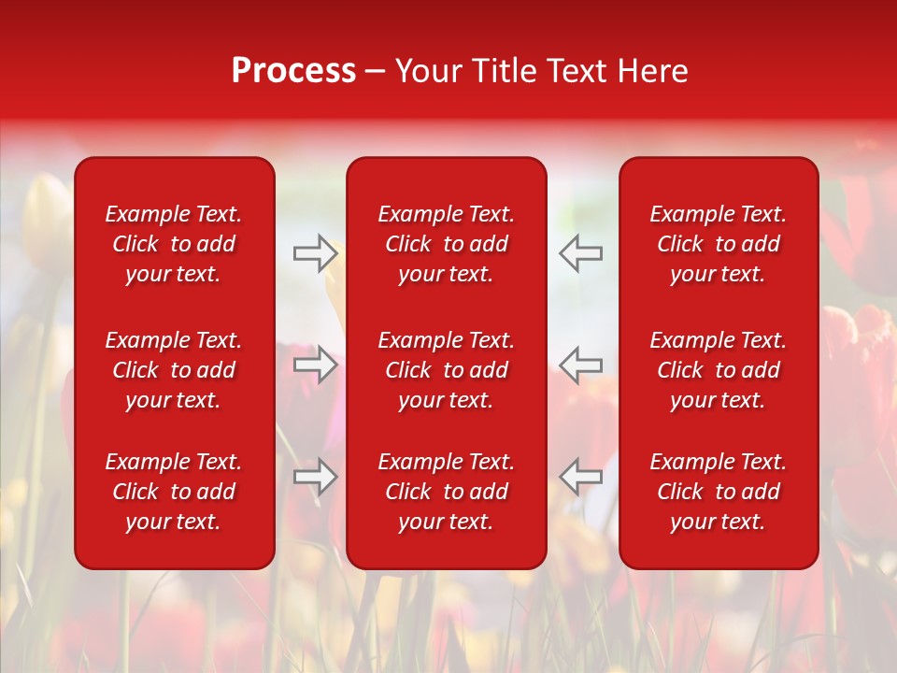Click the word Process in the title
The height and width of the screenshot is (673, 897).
(293, 71)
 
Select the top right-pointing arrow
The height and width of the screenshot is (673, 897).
(315, 253)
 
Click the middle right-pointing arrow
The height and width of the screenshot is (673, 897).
(315, 365)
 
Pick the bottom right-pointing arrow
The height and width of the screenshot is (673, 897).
(315, 476)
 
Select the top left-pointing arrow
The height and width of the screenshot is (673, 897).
(580, 253)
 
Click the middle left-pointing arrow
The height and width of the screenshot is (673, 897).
(580, 365)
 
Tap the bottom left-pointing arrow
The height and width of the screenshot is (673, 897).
(580, 476)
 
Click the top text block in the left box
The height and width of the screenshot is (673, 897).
(174, 244)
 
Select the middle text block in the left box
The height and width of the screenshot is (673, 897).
(174, 370)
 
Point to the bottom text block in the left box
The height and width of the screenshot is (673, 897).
(174, 492)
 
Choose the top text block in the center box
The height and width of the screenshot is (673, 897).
(446, 244)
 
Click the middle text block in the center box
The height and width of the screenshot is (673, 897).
(446, 370)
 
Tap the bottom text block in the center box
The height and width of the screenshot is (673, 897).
(446, 492)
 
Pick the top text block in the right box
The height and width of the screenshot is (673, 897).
(718, 244)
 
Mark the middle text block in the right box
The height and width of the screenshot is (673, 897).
(718, 370)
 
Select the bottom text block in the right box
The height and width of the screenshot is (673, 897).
(718, 492)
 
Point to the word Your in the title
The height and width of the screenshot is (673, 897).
(430, 71)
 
